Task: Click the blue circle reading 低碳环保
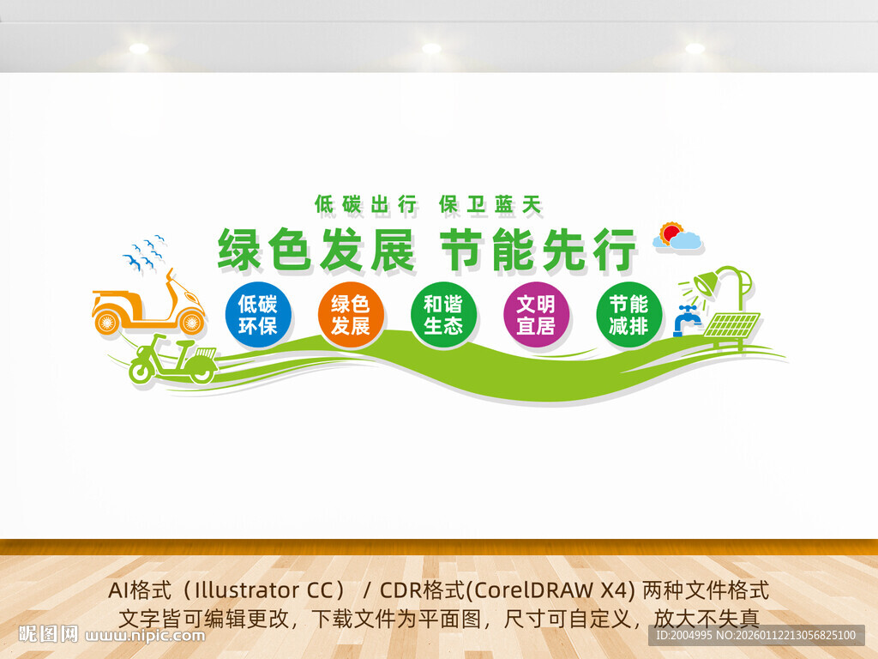tap(258, 314)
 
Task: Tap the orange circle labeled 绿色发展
tap(351, 314)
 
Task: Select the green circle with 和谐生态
tap(443, 314)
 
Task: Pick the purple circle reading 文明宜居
tap(537, 314)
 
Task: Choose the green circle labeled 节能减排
tap(628, 314)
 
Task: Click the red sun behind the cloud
tap(671, 232)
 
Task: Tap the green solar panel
tap(732, 325)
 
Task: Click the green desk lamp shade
tap(706, 283)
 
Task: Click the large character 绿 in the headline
tap(239, 250)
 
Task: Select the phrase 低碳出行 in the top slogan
tap(366, 204)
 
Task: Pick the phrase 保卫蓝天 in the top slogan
tap(491, 204)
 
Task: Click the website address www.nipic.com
tap(145, 636)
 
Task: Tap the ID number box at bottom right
tap(756, 636)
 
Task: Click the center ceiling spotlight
tap(431, 49)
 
